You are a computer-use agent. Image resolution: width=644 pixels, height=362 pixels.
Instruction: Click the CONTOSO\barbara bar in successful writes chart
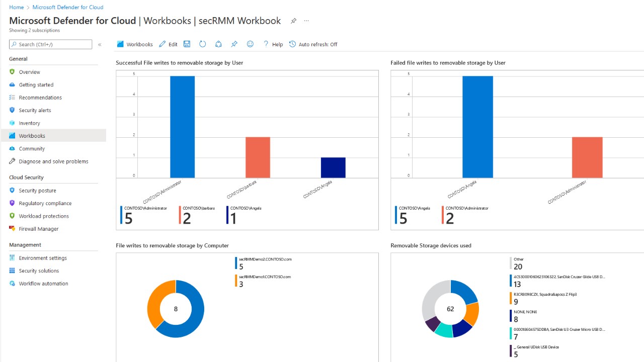click(258, 157)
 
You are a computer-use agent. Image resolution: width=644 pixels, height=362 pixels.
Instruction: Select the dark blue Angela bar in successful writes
click(333, 167)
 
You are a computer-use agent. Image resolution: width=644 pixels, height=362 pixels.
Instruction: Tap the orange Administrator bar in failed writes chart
click(587, 157)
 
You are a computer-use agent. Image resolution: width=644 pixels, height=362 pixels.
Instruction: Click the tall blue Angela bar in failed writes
click(477, 127)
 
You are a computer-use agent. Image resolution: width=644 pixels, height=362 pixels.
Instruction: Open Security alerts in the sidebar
click(35, 110)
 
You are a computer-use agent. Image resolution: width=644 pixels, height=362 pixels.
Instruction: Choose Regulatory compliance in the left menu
click(45, 203)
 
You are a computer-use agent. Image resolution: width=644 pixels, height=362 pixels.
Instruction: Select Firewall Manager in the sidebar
click(39, 229)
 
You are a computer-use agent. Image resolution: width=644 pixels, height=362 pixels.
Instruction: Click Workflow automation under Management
click(43, 284)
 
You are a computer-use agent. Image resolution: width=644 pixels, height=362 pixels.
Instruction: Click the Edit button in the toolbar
click(169, 44)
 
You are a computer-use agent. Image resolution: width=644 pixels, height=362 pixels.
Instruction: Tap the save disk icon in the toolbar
click(187, 44)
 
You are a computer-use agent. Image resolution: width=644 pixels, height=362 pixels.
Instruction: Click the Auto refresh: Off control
click(313, 44)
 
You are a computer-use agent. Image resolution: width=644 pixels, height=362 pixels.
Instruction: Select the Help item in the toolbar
click(273, 44)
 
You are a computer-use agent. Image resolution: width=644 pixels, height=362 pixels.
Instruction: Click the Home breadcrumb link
click(16, 7)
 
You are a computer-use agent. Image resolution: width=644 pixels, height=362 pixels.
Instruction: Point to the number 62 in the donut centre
click(450, 309)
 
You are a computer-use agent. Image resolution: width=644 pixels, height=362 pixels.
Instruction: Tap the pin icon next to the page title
click(293, 21)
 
